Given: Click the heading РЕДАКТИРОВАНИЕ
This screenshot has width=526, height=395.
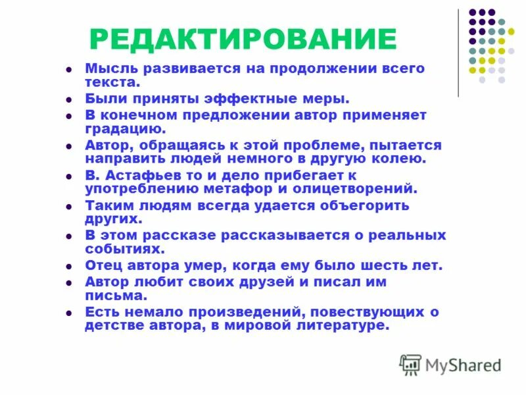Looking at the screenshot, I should (x=243, y=39).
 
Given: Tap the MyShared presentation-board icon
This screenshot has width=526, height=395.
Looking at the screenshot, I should (x=410, y=364).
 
